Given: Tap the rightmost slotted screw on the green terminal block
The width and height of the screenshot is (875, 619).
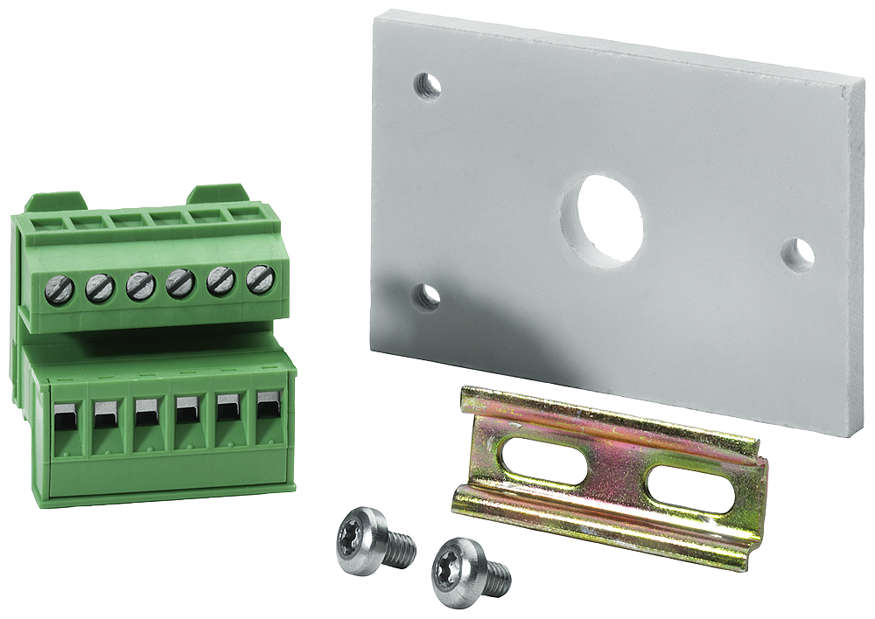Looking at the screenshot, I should (x=261, y=279).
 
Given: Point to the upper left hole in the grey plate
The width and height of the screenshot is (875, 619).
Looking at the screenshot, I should (x=428, y=86).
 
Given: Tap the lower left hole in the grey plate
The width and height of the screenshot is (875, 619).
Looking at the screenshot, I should (x=427, y=296).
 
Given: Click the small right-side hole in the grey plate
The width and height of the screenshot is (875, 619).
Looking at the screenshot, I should (x=798, y=254).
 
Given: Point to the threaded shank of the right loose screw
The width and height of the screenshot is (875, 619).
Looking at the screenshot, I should (x=494, y=575).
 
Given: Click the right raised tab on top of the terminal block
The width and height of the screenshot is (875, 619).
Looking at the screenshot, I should (x=218, y=191).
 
